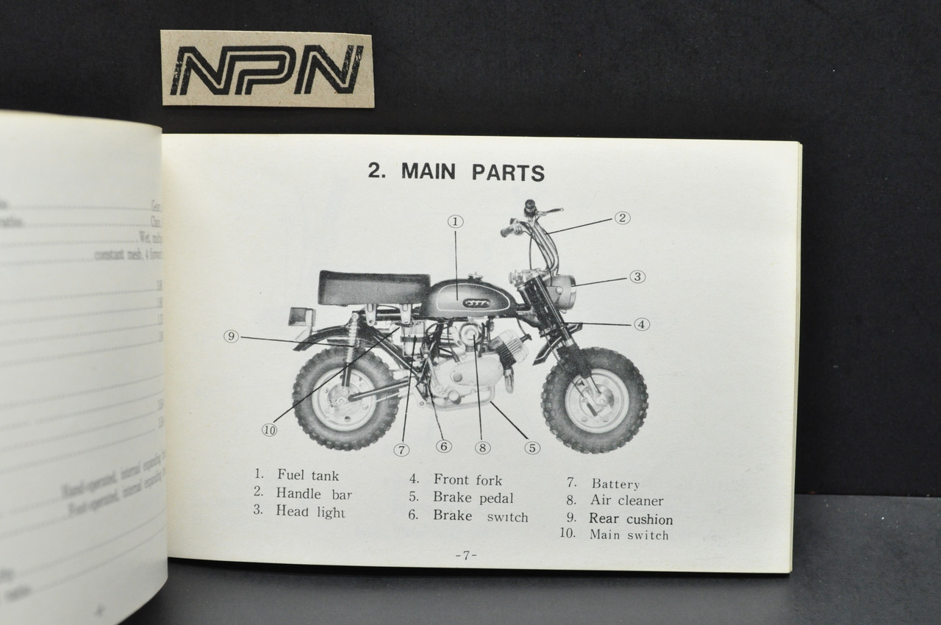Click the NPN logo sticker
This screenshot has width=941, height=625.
[x=267, y=69]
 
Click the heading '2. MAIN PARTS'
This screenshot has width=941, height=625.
[x=456, y=172]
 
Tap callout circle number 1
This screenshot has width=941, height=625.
[x=455, y=221]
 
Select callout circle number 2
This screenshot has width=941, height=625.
[x=622, y=218]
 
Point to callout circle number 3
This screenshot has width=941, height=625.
[x=637, y=277]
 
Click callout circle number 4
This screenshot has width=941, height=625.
[x=642, y=324]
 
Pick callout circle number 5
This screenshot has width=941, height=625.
[x=532, y=447]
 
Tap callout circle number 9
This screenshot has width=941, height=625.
[x=232, y=337]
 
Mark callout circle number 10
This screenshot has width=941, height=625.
[x=270, y=431]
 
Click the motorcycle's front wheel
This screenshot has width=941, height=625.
[x=594, y=400]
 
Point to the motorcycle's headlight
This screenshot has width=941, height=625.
[x=563, y=291]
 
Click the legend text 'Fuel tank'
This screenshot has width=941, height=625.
[x=308, y=476]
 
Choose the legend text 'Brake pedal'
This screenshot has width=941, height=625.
[x=473, y=498]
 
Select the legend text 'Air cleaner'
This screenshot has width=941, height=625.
[x=626, y=501]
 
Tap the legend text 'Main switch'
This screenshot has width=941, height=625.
[x=629, y=535]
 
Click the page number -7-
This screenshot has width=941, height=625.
[x=465, y=555]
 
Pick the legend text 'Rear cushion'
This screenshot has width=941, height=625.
[x=630, y=518]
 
